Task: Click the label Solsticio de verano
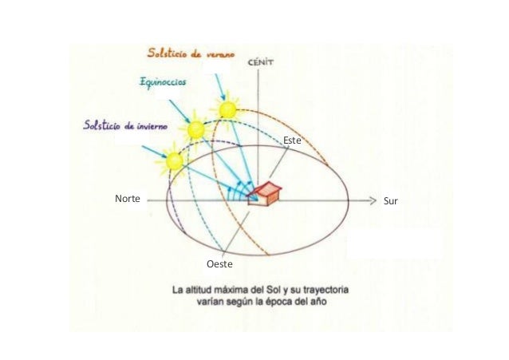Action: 191,53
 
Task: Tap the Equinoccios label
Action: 163,81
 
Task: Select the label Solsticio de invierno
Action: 125,125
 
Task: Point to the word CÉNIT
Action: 261,62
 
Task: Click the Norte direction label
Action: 128,199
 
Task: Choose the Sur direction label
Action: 390,201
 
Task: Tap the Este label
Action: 292,140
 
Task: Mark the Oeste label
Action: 219,264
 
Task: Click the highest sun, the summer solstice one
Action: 227,109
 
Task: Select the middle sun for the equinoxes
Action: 195,129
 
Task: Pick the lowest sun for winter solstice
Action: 174,161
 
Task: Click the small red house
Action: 264,194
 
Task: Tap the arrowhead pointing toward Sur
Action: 373,201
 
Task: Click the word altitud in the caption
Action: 196,290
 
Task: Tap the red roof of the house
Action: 267,188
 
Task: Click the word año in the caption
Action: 319,302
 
